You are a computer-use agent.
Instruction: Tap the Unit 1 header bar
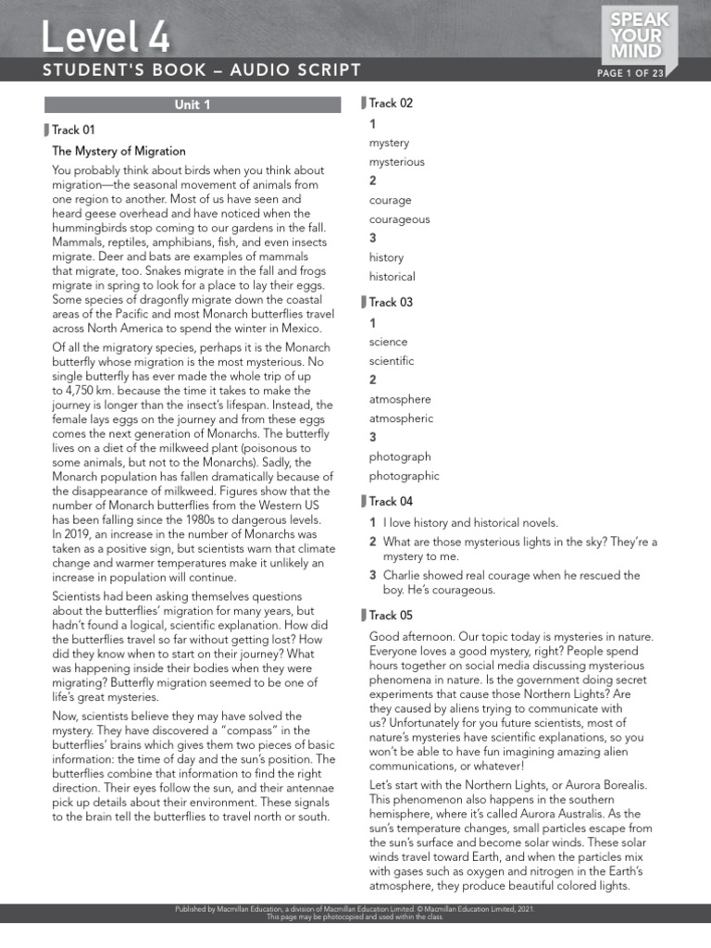pyautogui.click(x=193, y=105)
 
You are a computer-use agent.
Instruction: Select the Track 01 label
pyautogui.click(x=73, y=131)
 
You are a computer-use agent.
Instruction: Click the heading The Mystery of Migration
pyautogui.click(x=118, y=151)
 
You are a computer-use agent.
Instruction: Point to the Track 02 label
pyautogui.click(x=391, y=104)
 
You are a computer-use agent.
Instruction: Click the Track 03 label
pyautogui.click(x=391, y=303)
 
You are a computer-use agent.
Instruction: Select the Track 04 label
pyautogui.click(x=391, y=502)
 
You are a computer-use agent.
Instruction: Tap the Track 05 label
pyautogui.click(x=391, y=616)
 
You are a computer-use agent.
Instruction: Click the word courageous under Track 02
pyautogui.click(x=399, y=219)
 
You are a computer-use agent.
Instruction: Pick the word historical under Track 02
pyautogui.click(x=393, y=277)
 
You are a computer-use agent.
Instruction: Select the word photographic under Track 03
pyautogui.click(x=404, y=476)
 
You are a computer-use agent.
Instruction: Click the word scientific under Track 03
pyautogui.click(x=392, y=361)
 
